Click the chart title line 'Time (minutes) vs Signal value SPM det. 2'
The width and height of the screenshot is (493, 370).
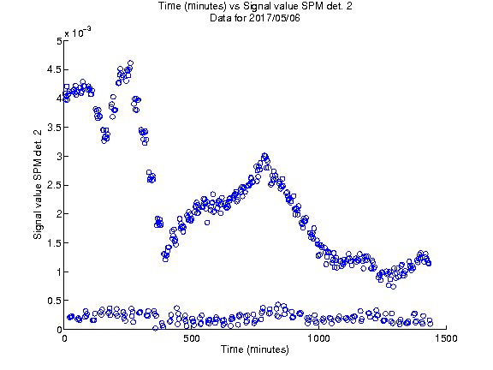(255, 6)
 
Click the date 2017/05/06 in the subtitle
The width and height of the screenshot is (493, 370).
(274, 18)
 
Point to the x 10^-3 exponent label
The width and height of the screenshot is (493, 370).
(78, 32)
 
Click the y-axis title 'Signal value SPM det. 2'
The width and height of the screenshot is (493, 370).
(38, 184)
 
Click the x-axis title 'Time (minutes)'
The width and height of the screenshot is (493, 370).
(255, 349)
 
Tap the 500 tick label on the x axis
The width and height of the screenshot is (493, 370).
(192, 338)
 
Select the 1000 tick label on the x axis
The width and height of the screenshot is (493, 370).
(318, 338)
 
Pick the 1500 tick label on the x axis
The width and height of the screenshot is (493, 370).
(446, 338)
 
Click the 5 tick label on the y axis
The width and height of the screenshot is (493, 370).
(59, 41)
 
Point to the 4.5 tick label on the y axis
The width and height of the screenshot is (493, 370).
(55, 69)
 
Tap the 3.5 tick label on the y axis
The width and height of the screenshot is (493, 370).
(55, 128)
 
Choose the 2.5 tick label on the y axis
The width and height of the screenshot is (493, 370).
(55, 185)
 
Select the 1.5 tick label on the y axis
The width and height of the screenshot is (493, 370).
(55, 243)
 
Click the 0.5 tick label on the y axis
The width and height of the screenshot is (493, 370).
(55, 301)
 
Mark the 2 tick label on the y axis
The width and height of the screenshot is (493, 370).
(59, 214)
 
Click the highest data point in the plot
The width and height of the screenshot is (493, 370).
(130, 63)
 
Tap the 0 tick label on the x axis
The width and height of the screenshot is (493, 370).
(64, 338)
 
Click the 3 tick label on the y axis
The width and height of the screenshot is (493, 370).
(59, 157)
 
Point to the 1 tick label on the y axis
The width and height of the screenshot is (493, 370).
(59, 272)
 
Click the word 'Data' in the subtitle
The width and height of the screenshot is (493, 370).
(221, 18)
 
